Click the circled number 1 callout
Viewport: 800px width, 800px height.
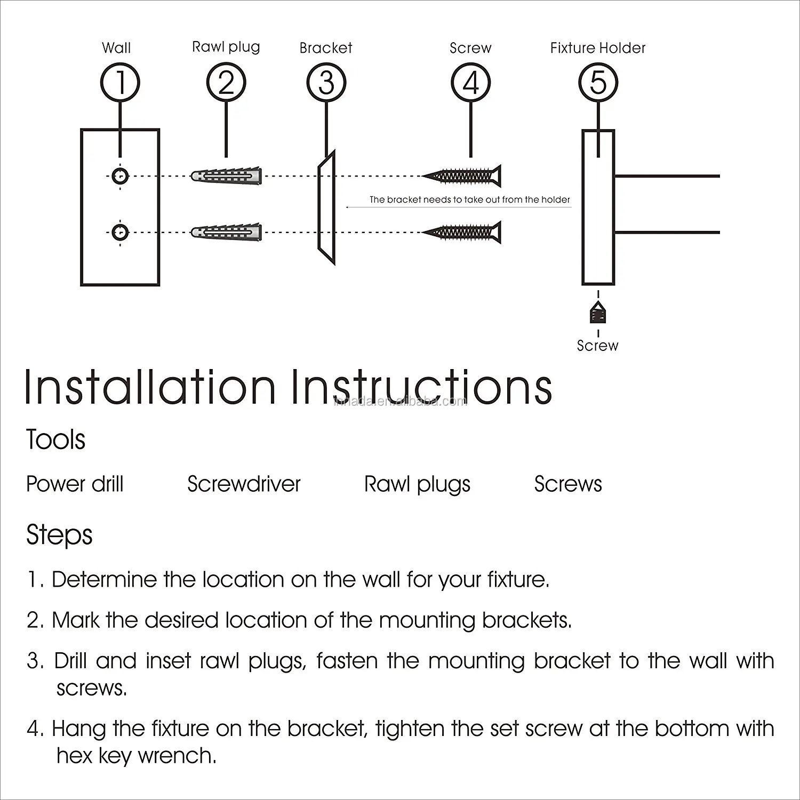coord(120,83)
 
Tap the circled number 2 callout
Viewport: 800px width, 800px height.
coord(226,83)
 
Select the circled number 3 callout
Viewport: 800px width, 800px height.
coord(326,83)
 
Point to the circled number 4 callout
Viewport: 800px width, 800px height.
coord(471,83)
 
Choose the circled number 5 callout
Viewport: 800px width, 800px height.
coord(598,83)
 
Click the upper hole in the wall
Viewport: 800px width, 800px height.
coord(121,175)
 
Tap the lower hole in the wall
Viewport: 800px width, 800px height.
coord(121,232)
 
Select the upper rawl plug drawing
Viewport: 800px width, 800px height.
coord(227,175)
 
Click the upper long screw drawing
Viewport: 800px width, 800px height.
coord(462,175)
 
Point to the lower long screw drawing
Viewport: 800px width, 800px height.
coord(462,232)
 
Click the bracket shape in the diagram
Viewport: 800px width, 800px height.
coord(326,208)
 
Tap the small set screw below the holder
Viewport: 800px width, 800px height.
coord(598,313)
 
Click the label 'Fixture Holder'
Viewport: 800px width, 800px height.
coord(597,48)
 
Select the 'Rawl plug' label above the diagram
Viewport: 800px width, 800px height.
coord(226,47)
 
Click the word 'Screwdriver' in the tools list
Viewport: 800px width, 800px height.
coord(244,484)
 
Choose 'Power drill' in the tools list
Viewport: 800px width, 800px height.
coord(75,484)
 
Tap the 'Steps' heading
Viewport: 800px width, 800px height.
coord(59,535)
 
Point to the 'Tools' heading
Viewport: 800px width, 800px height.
coord(55,439)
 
